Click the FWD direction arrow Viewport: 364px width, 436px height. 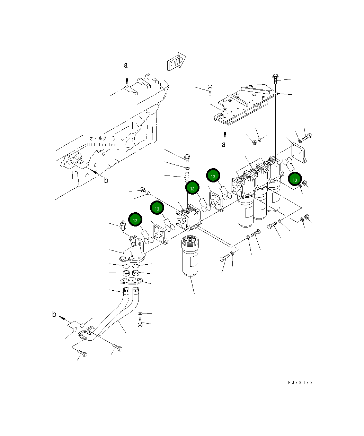(x=177, y=62)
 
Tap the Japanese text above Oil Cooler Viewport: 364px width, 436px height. (x=103, y=138)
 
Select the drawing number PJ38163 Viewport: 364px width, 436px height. (x=300, y=382)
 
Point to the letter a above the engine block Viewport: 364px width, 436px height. (x=126, y=65)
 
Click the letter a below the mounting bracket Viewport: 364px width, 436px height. (x=224, y=144)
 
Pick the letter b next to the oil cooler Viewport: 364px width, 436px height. (x=106, y=180)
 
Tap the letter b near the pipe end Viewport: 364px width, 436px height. (x=54, y=314)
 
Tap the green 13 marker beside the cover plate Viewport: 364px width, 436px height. (x=295, y=180)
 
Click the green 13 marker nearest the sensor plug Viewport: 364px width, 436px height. (x=135, y=220)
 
